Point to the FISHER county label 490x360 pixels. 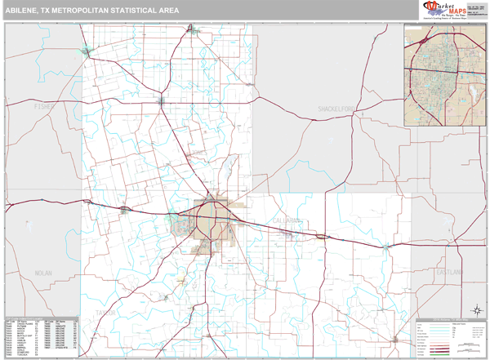coord(42,106)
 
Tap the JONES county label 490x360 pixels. coord(196,153)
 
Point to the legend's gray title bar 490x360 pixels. coord(448,318)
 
